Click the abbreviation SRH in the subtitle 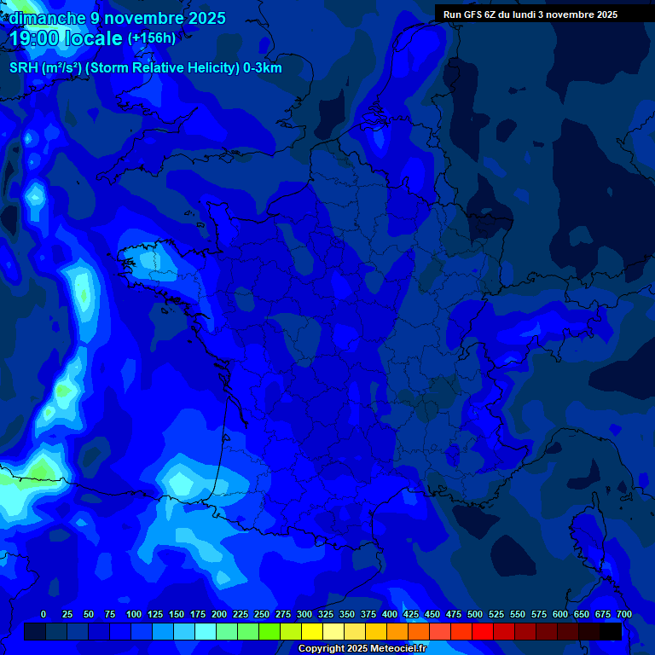point(24,68)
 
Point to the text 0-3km point(263,68)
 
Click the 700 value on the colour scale point(623,614)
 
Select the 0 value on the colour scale point(43,614)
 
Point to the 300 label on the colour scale point(304,614)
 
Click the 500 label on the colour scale point(475,614)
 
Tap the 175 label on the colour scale point(198,614)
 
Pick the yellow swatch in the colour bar point(312,631)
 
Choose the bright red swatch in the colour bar point(483,631)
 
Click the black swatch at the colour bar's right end point(611,631)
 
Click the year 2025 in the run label point(607,14)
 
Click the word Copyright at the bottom point(322,649)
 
